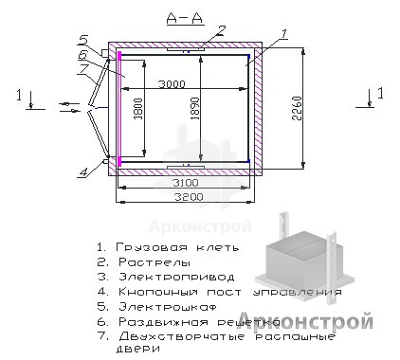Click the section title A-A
coord(185,19)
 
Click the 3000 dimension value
coord(172,84)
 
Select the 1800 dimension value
coord(138,109)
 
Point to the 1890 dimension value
coord(195,108)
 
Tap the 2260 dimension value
coord(297,108)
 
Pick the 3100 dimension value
coord(185,183)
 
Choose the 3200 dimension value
coord(189,197)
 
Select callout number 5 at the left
coord(83,40)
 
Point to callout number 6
coord(83,56)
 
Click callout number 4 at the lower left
coord(83,172)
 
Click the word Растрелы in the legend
coord(155,262)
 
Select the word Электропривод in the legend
coord(176,277)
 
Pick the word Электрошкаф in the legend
coord(168,307)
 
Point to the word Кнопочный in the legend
coord(158,292)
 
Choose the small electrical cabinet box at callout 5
coord(104,53)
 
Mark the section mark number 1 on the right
coord(380,94)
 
